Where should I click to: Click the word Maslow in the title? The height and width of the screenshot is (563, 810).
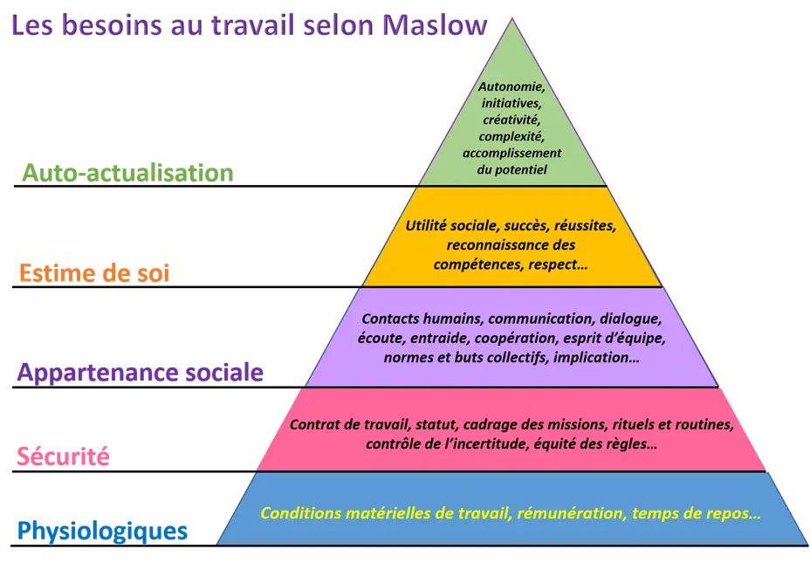tap(435, 24)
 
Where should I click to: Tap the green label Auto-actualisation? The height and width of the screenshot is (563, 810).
tap(127, 173)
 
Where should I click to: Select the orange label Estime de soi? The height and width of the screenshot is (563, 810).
tap(94, 272)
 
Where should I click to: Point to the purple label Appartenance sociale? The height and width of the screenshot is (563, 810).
tap(140, 373)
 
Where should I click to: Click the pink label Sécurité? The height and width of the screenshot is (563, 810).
tap(63, 456)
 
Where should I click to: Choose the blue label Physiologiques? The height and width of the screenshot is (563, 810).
tap(102, 531)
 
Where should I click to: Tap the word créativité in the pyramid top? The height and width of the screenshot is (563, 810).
tap(511, 120)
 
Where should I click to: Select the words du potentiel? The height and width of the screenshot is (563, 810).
tap(511, 170)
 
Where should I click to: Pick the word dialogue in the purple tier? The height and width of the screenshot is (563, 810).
tap(630, 319)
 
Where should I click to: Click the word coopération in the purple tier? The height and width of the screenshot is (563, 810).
tap(516, 339)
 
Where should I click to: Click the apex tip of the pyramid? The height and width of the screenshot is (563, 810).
tap(512, 18)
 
